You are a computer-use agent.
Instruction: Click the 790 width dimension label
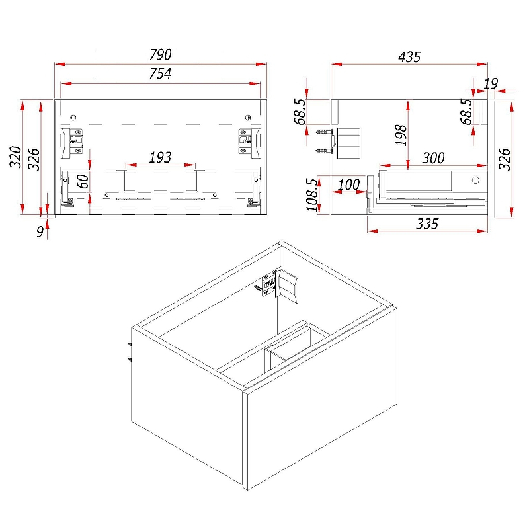(161, 55)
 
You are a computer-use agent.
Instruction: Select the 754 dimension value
(160, 73)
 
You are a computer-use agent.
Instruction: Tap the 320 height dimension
(15, 157)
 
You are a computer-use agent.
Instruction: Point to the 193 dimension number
(160, 157)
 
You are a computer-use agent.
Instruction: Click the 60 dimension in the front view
(83, 181)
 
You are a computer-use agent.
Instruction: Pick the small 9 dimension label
(40, 232)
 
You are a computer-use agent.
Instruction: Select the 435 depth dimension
(409, 57)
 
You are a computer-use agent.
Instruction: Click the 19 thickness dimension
(491, 84)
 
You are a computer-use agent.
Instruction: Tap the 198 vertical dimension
(401, 135)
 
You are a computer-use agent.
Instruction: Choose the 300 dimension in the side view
(434, 158)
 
